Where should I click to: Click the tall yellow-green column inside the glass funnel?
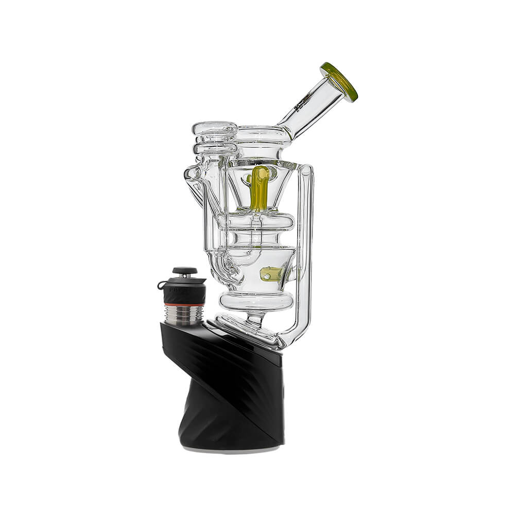259,188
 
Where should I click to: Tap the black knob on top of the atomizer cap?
184,270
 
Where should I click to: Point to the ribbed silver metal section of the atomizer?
184,315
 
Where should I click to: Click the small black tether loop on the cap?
161,285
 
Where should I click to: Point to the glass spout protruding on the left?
192,181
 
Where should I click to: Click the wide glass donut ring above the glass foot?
256,301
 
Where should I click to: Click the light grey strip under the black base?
232,450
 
